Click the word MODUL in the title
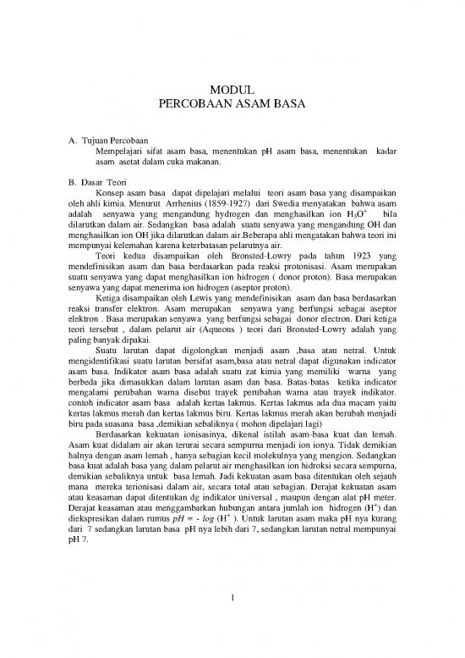tap(232, 89)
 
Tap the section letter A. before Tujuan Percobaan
tap(58, 139)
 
